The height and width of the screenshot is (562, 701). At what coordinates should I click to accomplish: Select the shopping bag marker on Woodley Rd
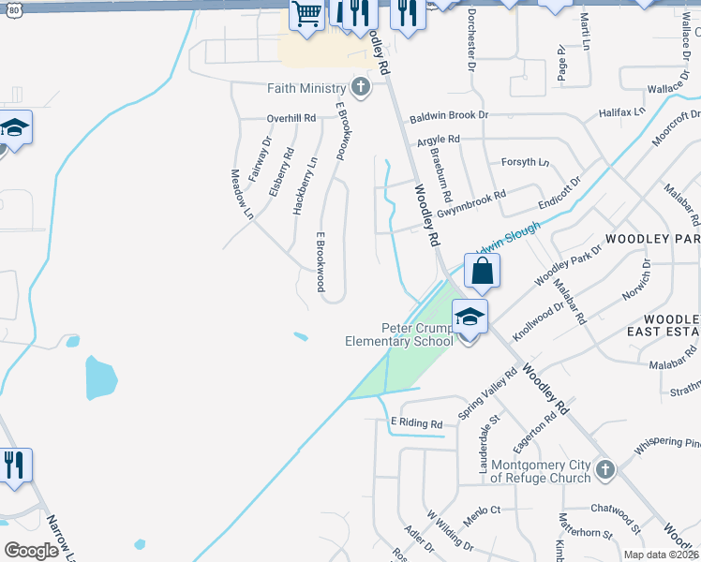point(482,272)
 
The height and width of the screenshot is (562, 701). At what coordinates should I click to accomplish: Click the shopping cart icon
point(306,14)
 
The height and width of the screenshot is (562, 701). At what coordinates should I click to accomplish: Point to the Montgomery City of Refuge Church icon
point(605,468)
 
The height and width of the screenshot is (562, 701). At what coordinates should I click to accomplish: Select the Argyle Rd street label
point(439,139)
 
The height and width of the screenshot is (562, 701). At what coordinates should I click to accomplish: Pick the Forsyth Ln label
point(526,161)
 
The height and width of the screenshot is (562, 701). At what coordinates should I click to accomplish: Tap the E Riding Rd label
point(415,423)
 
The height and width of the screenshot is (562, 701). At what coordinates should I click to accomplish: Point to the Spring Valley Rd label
point(487,394)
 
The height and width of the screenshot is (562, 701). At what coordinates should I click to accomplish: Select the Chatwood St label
point(615,509)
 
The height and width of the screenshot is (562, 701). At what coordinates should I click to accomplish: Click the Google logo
point(31,550)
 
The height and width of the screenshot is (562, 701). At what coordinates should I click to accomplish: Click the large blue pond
point(101,377)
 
